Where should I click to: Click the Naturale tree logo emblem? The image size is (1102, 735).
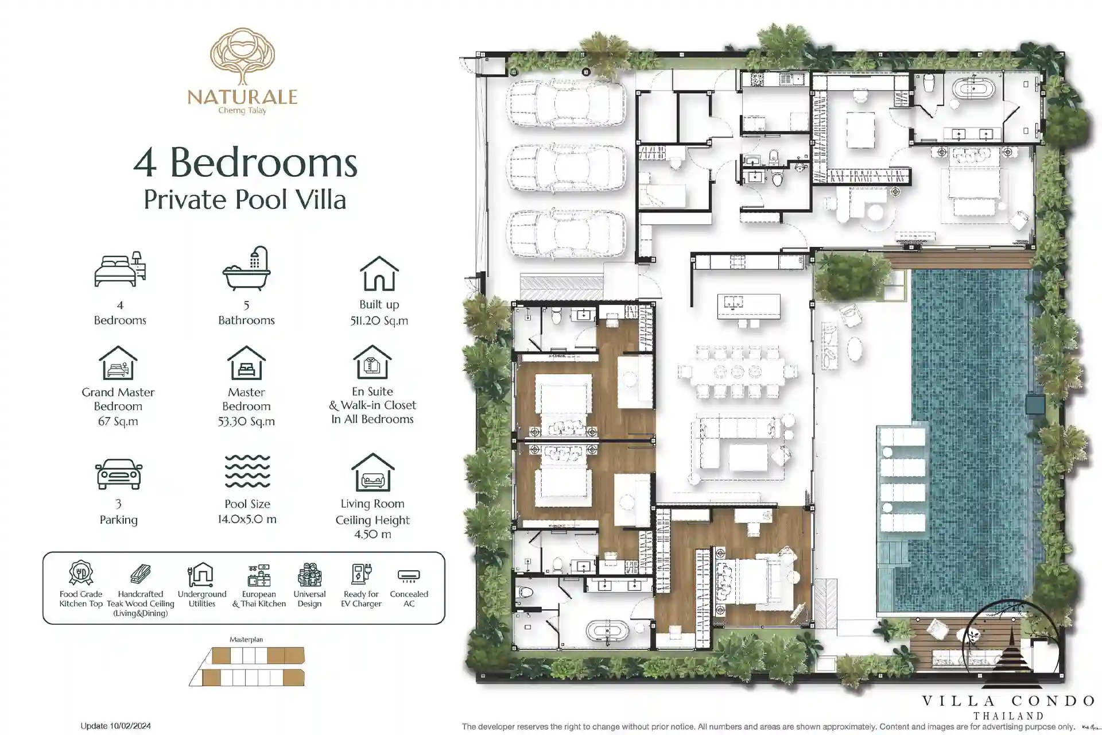(x=242, y=56)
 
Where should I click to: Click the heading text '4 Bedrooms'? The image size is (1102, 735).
(x=246, y=163)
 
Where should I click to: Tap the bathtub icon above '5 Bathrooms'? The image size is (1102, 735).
(x=247, y=269)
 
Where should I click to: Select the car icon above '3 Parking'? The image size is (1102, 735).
(x=119, y=474)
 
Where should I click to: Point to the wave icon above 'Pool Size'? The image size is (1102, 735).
(x=247, y=471)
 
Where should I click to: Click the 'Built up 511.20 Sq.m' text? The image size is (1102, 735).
(x=379, y=312)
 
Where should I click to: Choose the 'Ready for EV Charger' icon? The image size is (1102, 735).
(x=362, y=574)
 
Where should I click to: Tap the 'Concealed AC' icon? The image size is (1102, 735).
(x=409, y=575)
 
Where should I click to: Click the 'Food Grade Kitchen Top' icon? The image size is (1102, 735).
(x=81, y=572)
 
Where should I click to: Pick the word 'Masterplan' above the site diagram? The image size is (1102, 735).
(x=246, y=639)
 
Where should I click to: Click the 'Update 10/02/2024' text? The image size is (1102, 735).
(x=115, y=726)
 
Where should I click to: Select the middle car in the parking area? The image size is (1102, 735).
(x=566, y=168)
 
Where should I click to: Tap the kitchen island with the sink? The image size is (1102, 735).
(x=749, y=306)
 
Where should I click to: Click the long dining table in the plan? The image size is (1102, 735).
(x=738, y=372)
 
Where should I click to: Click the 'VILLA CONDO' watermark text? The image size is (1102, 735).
(x=1009, y=701)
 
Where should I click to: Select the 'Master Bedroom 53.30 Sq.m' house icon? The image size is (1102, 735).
(x=246, y=362)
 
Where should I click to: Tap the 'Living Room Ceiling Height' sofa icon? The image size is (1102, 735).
(x=373, y=472)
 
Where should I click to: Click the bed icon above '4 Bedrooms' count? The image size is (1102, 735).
(x=120, y=269)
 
